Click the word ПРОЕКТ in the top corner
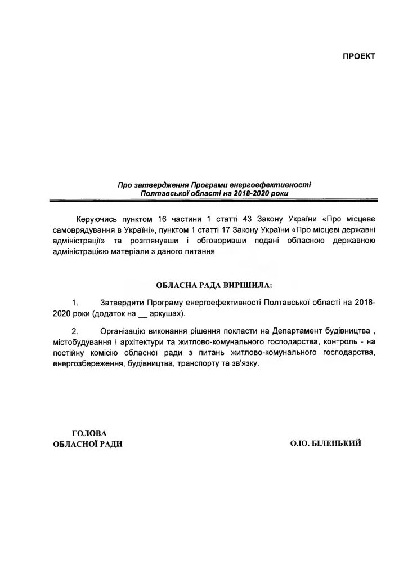358,57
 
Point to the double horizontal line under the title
214,200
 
